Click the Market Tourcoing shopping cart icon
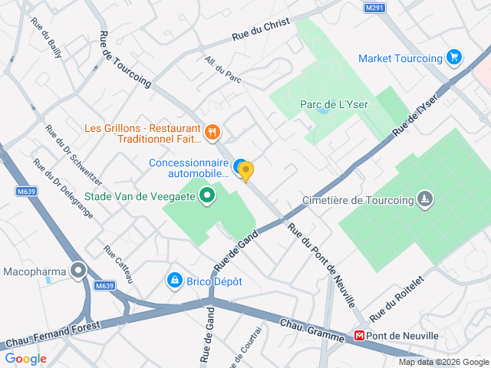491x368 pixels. point(454,58)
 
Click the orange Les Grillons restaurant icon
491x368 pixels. point(213,133)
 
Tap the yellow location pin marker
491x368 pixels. point(245,172)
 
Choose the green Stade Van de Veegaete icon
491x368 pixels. point(206,196)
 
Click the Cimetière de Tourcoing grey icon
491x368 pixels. point(423,200)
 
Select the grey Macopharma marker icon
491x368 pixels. point(78,271)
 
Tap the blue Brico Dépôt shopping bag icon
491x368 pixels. point(175,281)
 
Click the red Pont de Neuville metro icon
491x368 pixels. point(358,336)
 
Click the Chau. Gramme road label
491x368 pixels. point(311,330)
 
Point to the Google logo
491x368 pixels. point(25,358)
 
